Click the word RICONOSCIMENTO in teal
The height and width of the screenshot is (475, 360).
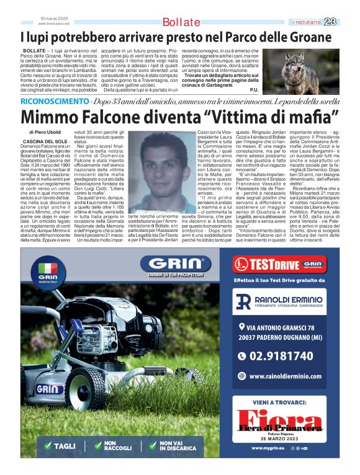[x=53, y=100]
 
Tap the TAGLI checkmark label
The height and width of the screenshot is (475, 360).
[x=60, y=446]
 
